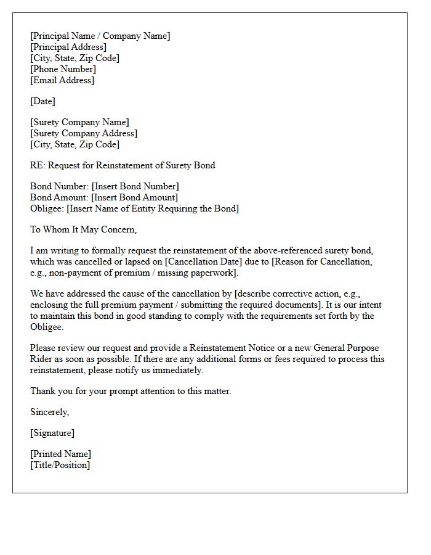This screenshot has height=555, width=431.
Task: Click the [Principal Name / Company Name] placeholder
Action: coord(100,36)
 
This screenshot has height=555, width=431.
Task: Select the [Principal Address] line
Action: coord(68,47)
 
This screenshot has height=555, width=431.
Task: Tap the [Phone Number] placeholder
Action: coord(63,69)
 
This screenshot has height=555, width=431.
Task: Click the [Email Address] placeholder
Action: coord(62,80)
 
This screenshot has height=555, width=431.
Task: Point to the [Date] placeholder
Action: coord(42,101)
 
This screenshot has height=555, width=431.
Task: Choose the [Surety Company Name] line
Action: coord(79,122)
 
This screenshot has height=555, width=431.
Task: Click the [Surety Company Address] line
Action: coord(84,133)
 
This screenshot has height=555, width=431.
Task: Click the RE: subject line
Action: coord(123,165)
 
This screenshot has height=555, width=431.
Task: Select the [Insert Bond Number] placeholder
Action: coord(135,186)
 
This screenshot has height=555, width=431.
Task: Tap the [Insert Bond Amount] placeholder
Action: coord(134,197)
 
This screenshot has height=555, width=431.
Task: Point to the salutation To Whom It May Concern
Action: coord(83,229)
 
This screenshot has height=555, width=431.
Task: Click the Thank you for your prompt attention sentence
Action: coord(131,391)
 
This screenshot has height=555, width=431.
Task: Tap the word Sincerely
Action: coord(50,412)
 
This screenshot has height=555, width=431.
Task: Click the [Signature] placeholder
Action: coord(52,433)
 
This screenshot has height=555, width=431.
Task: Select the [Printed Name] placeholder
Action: coord(60,454)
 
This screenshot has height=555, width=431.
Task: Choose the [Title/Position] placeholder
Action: coord(60,465)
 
